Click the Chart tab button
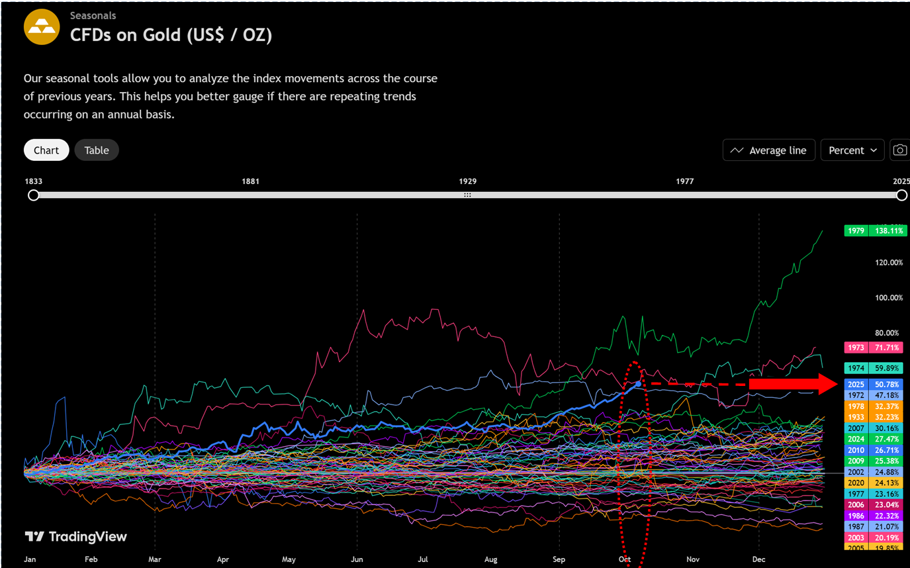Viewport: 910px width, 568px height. (x=46, y=150)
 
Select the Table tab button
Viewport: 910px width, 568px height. (x=97, y=150)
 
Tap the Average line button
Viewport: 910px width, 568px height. (x=768, y=150)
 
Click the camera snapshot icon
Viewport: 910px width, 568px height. (x=899, y=150)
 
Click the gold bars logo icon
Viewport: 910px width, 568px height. (x=42, y=27)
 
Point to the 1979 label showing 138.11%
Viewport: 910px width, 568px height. (x=875, y=231)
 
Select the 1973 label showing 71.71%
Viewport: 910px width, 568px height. (x=875, y=348)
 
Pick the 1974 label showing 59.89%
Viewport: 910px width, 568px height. (x=875, y=368)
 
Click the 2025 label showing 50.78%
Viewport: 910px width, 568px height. (x=875, y=385)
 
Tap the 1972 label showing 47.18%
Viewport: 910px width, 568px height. (x=875, y=395)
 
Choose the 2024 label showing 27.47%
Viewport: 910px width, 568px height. (x=875, y=439)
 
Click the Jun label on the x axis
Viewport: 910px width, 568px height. (x=357, y=559)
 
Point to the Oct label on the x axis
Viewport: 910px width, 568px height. (x=624, y=559)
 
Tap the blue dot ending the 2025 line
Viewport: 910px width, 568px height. (x=638, y=383)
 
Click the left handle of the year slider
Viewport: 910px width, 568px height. (x=34, y=195)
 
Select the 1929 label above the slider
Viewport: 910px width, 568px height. (x=468, y=181)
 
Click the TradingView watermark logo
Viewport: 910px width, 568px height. (x=75, y=537)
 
